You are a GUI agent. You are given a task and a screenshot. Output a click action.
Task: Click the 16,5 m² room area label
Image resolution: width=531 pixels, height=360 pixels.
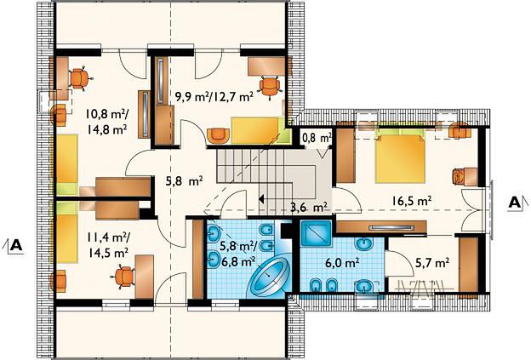412,201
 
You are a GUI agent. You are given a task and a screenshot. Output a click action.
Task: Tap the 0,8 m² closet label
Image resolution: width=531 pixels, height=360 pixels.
317,138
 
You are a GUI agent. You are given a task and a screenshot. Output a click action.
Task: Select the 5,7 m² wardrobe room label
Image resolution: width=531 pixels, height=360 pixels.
432,262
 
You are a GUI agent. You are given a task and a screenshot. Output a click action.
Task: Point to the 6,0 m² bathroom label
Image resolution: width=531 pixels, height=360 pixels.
342,262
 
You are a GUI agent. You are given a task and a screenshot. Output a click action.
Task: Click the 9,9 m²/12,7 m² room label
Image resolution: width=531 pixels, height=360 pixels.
214,97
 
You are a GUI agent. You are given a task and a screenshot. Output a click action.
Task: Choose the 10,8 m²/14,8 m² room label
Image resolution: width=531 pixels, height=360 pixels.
107,122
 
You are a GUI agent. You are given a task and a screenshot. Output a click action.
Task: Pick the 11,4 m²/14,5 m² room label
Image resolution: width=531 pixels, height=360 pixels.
107,245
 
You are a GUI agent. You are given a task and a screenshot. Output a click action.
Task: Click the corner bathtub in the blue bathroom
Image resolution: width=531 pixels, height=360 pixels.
270,273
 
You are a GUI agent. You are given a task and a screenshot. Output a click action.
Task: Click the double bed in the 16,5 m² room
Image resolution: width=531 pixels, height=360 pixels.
400,156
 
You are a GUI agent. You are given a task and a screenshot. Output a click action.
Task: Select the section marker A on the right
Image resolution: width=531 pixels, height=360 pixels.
515,203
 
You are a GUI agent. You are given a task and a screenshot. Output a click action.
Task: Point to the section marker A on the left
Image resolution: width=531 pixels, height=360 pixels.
16,244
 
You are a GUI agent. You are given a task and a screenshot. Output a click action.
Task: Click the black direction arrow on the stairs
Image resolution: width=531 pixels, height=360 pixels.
261,199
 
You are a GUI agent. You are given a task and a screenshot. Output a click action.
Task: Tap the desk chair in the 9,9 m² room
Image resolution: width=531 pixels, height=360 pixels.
270,88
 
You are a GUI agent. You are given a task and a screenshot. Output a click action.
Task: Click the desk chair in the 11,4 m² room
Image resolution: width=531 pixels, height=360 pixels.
123,277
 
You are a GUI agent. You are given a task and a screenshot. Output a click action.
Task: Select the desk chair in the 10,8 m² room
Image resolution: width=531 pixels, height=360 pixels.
80,78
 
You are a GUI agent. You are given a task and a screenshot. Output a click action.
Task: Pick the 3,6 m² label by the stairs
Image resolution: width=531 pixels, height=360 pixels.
309,207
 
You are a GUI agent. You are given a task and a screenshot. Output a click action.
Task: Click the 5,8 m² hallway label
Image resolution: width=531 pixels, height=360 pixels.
184,181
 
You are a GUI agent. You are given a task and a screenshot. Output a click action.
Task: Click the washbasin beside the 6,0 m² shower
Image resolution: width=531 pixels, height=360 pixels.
363,243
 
